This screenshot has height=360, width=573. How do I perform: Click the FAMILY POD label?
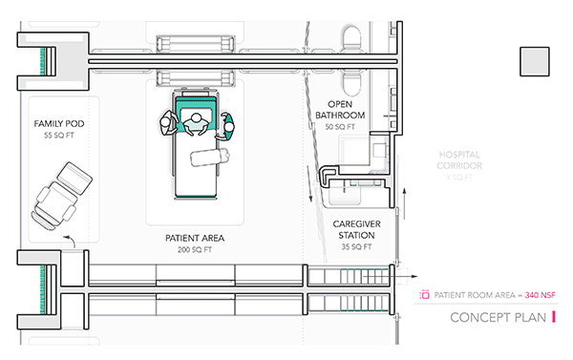pyautogui.click(x=59, y=123)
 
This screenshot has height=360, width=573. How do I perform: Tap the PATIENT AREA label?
pyautogui.click(x=195, y=239)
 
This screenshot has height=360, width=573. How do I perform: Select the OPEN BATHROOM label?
pyautogui.click(x=340, y=110)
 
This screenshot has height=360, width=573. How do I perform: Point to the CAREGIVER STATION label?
pyautogui.click(x=356, y=229)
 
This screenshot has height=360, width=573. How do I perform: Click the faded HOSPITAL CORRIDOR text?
pyautogui.click(x=459, y=160)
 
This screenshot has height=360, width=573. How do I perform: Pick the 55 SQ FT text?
pyautogui.click(x=59, y=136)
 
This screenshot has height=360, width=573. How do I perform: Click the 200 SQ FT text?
pyautogui.click(x=195, y=250)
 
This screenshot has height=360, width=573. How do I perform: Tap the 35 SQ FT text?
pyautogui.click(x=356, y=247)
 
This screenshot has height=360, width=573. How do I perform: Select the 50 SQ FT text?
pyautogui.click(x=340, y=127)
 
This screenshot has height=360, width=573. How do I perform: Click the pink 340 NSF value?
pyautogui.click(x=541, y=295)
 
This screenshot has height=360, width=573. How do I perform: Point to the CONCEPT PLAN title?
pyautogui.click(x=498, y=318)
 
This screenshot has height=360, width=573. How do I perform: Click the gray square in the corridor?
pyautogui.click(x=535, y=62)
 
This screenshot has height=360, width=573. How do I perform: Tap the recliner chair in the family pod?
pyautogui.click(x=61, y=196)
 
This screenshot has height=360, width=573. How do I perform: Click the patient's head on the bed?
pyautogui.click(x=197, y=118)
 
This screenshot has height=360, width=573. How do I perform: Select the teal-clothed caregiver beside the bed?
pyautogui.click(x=225, y=126)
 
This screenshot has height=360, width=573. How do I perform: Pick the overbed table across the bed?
pyautogui.click(x=210, y=157)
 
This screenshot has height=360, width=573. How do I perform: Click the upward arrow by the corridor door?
pyautogui.click(x=404, y=203)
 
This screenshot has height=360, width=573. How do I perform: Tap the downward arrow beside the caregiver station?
pyautogui.click(x=309, y=184)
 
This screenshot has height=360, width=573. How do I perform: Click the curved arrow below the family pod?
pyautogui.click(x=70, y=241)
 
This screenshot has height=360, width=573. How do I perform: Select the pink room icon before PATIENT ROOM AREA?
pyautogui.click(x=424, y=294)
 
